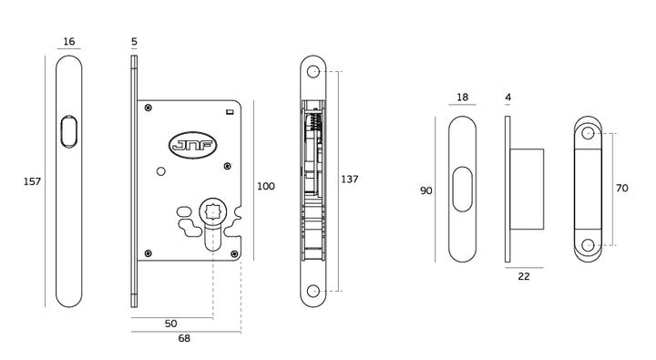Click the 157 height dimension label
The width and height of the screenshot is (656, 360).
coord(32,181)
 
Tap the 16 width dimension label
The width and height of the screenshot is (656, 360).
coord(69,41)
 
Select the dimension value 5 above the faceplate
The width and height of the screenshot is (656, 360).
coord(134,41)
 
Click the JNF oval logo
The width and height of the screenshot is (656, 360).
coord(192,145)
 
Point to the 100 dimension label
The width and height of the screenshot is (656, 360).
coord(266,186)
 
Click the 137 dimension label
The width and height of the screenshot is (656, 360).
coord(350,180)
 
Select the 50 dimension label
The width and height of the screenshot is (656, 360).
coord(170,324)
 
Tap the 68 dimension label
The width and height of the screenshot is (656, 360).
coord(184,338)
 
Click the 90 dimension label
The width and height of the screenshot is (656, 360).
coord(425,190)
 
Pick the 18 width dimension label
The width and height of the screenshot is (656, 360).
coord(462,98)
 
